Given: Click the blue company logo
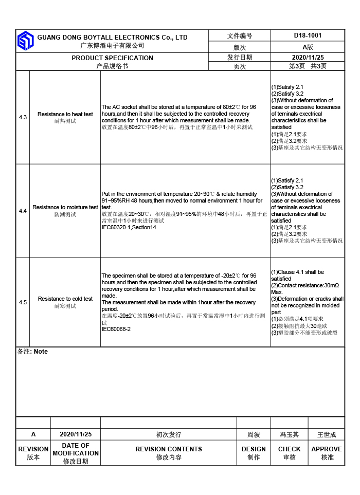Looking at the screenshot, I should (25, 41).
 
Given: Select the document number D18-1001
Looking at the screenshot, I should (308, 35).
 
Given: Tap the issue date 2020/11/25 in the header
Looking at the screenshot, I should (308, 58).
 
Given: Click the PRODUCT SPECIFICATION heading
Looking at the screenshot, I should (112, 58).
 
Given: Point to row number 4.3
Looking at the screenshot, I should (23, 118).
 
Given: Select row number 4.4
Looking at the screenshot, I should (23, 211).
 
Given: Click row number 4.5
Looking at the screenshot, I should (23, 302).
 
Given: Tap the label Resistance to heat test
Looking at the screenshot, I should (65, 114).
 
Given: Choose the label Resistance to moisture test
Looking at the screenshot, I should (65, 207).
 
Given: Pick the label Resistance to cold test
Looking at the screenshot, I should (65, 299).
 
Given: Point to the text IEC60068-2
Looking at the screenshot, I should (116, 329).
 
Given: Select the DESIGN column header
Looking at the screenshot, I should (254, 449).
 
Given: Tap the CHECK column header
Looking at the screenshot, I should (289, 449).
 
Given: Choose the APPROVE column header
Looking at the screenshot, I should (327, 449).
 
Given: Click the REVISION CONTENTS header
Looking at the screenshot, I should (169, 449).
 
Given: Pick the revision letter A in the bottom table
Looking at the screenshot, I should (33, 434).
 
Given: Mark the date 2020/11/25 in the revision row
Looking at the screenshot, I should (76, 434).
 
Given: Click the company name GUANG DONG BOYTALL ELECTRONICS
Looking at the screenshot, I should (112, 38).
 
